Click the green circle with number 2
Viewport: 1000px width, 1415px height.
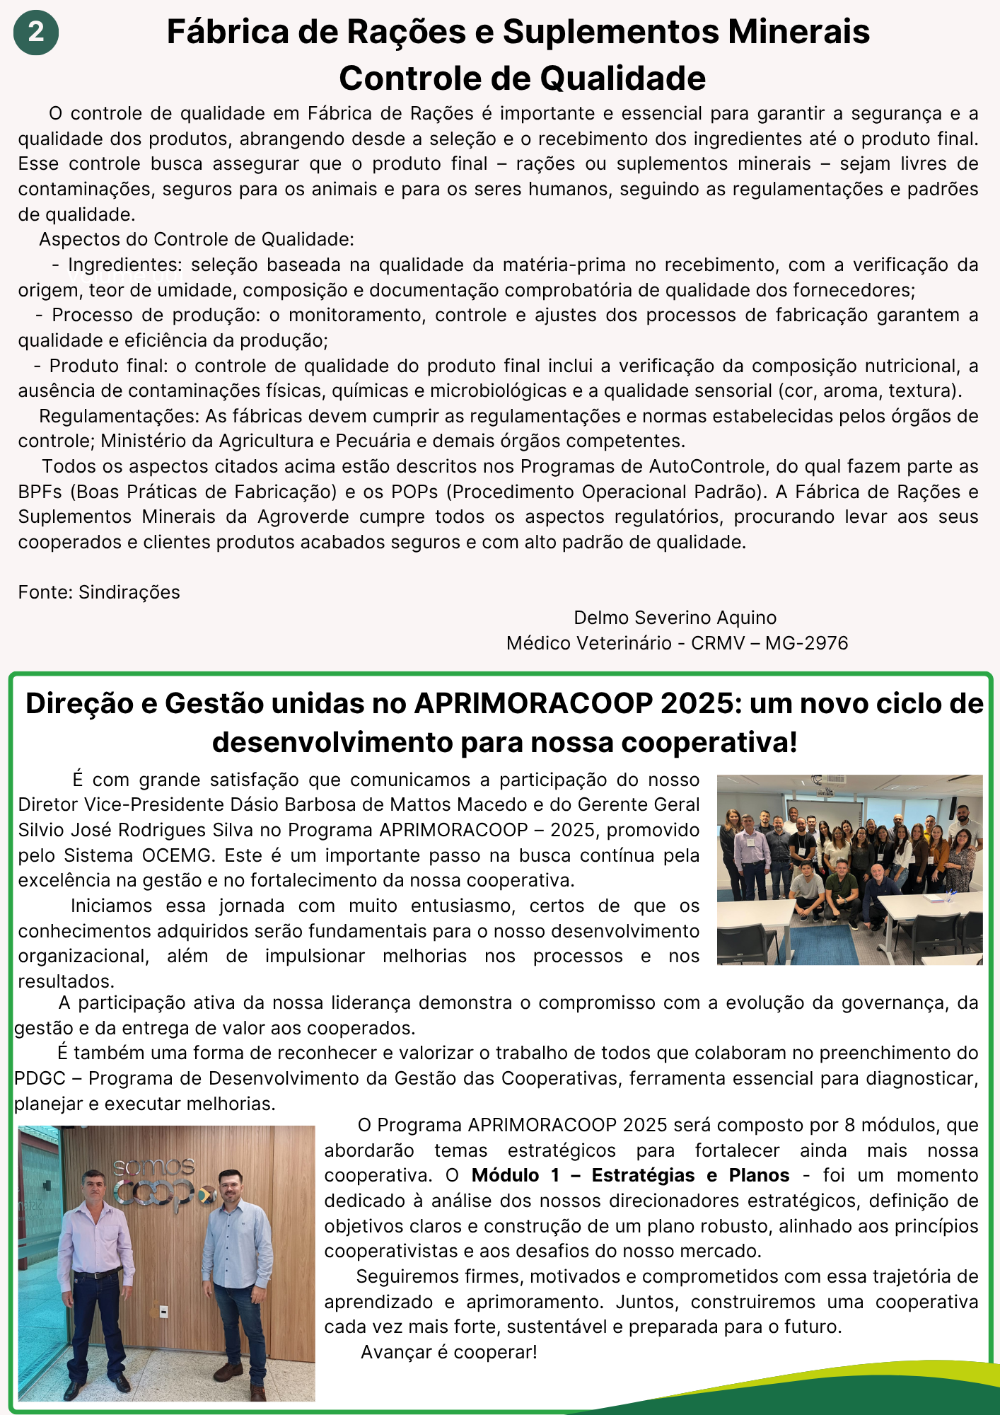pos(36,33)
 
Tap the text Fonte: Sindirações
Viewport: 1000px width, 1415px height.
pos(99,592)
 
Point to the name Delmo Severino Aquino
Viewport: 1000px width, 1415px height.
pos(675,618)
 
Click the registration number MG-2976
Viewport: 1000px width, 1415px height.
pos(806,643)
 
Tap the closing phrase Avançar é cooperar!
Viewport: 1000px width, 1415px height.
pos(448,1352)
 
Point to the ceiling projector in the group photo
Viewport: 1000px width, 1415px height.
pos(819,781)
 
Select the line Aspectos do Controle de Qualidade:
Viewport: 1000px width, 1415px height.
pos(197,239)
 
